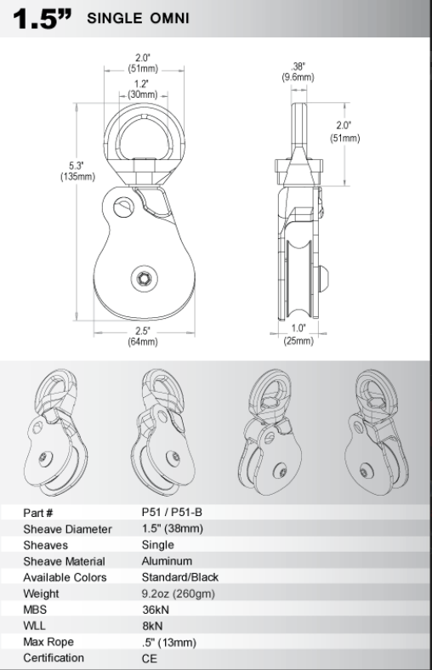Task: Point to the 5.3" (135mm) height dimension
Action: pos(77,171)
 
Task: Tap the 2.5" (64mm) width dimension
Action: pos(143,337)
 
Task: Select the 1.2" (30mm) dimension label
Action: pos(142,89)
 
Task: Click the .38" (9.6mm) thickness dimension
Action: pos(298,71)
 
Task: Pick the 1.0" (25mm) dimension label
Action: pos(298,334)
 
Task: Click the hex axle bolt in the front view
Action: pos(144,279)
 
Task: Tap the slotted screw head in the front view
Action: pos(124,207)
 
